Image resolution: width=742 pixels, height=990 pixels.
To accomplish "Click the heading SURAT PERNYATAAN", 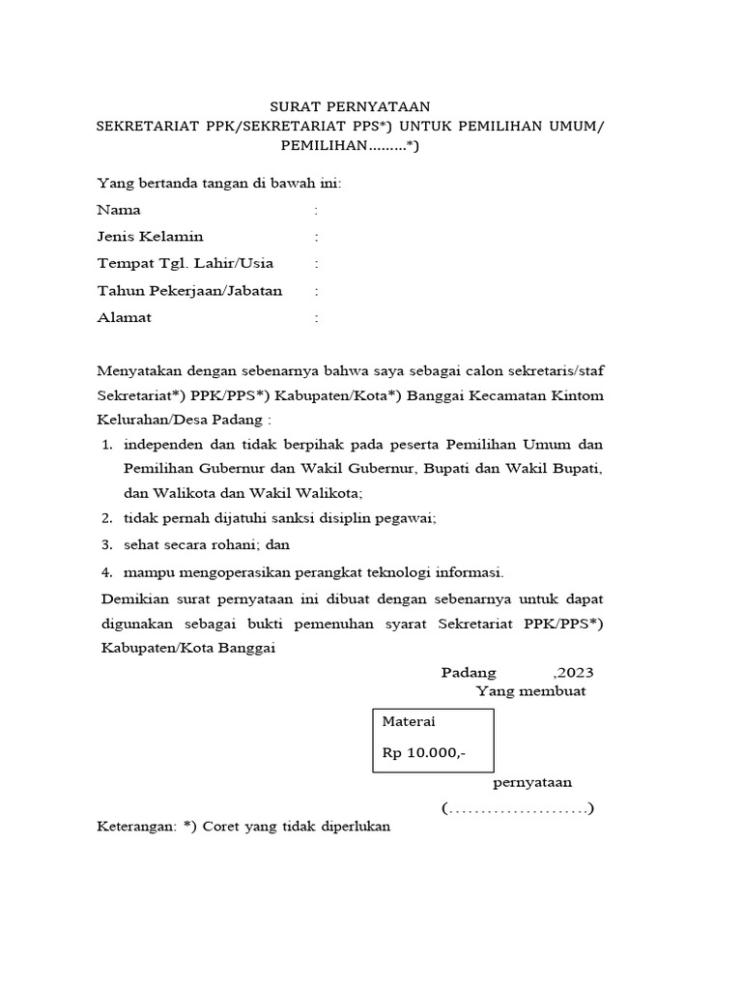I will coord(349,106).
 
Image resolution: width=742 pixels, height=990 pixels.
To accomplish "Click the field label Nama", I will coord(119,210).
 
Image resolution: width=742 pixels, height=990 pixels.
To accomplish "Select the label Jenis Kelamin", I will coord(150,236).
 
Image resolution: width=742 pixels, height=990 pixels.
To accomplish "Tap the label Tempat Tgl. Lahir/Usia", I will coord(185,263).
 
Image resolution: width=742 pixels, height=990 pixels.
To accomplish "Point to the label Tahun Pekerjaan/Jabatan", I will coord(189,290).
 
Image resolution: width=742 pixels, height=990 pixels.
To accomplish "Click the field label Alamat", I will coord(125,317).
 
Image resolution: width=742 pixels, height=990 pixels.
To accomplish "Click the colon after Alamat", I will coord(316,317).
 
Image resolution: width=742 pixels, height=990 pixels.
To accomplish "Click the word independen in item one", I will coord(165,445).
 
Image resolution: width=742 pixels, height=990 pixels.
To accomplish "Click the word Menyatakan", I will coord(139,370).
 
